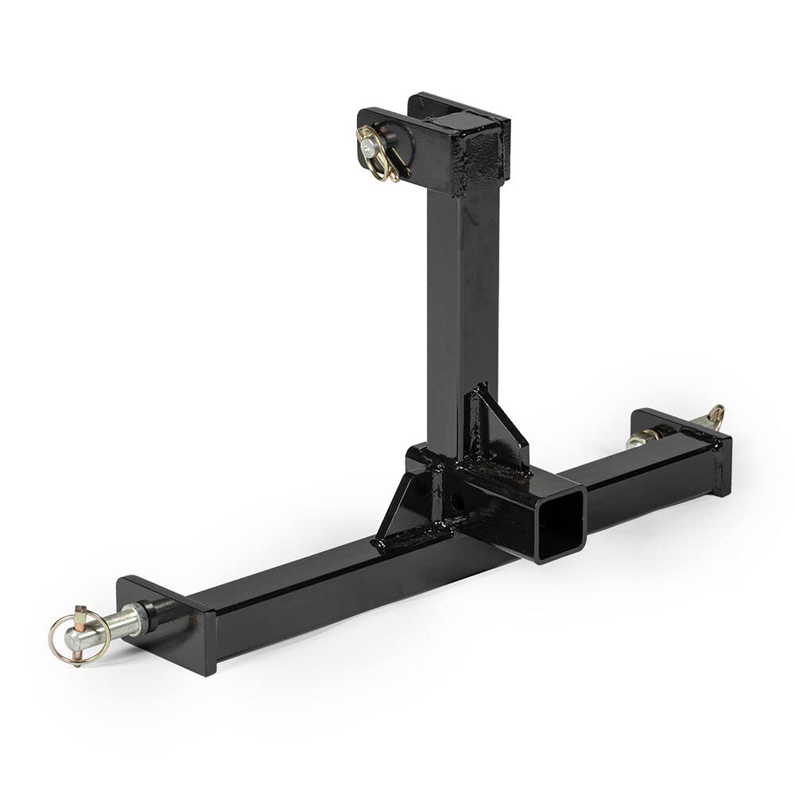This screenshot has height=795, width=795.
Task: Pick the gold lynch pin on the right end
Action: click(714, 415)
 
